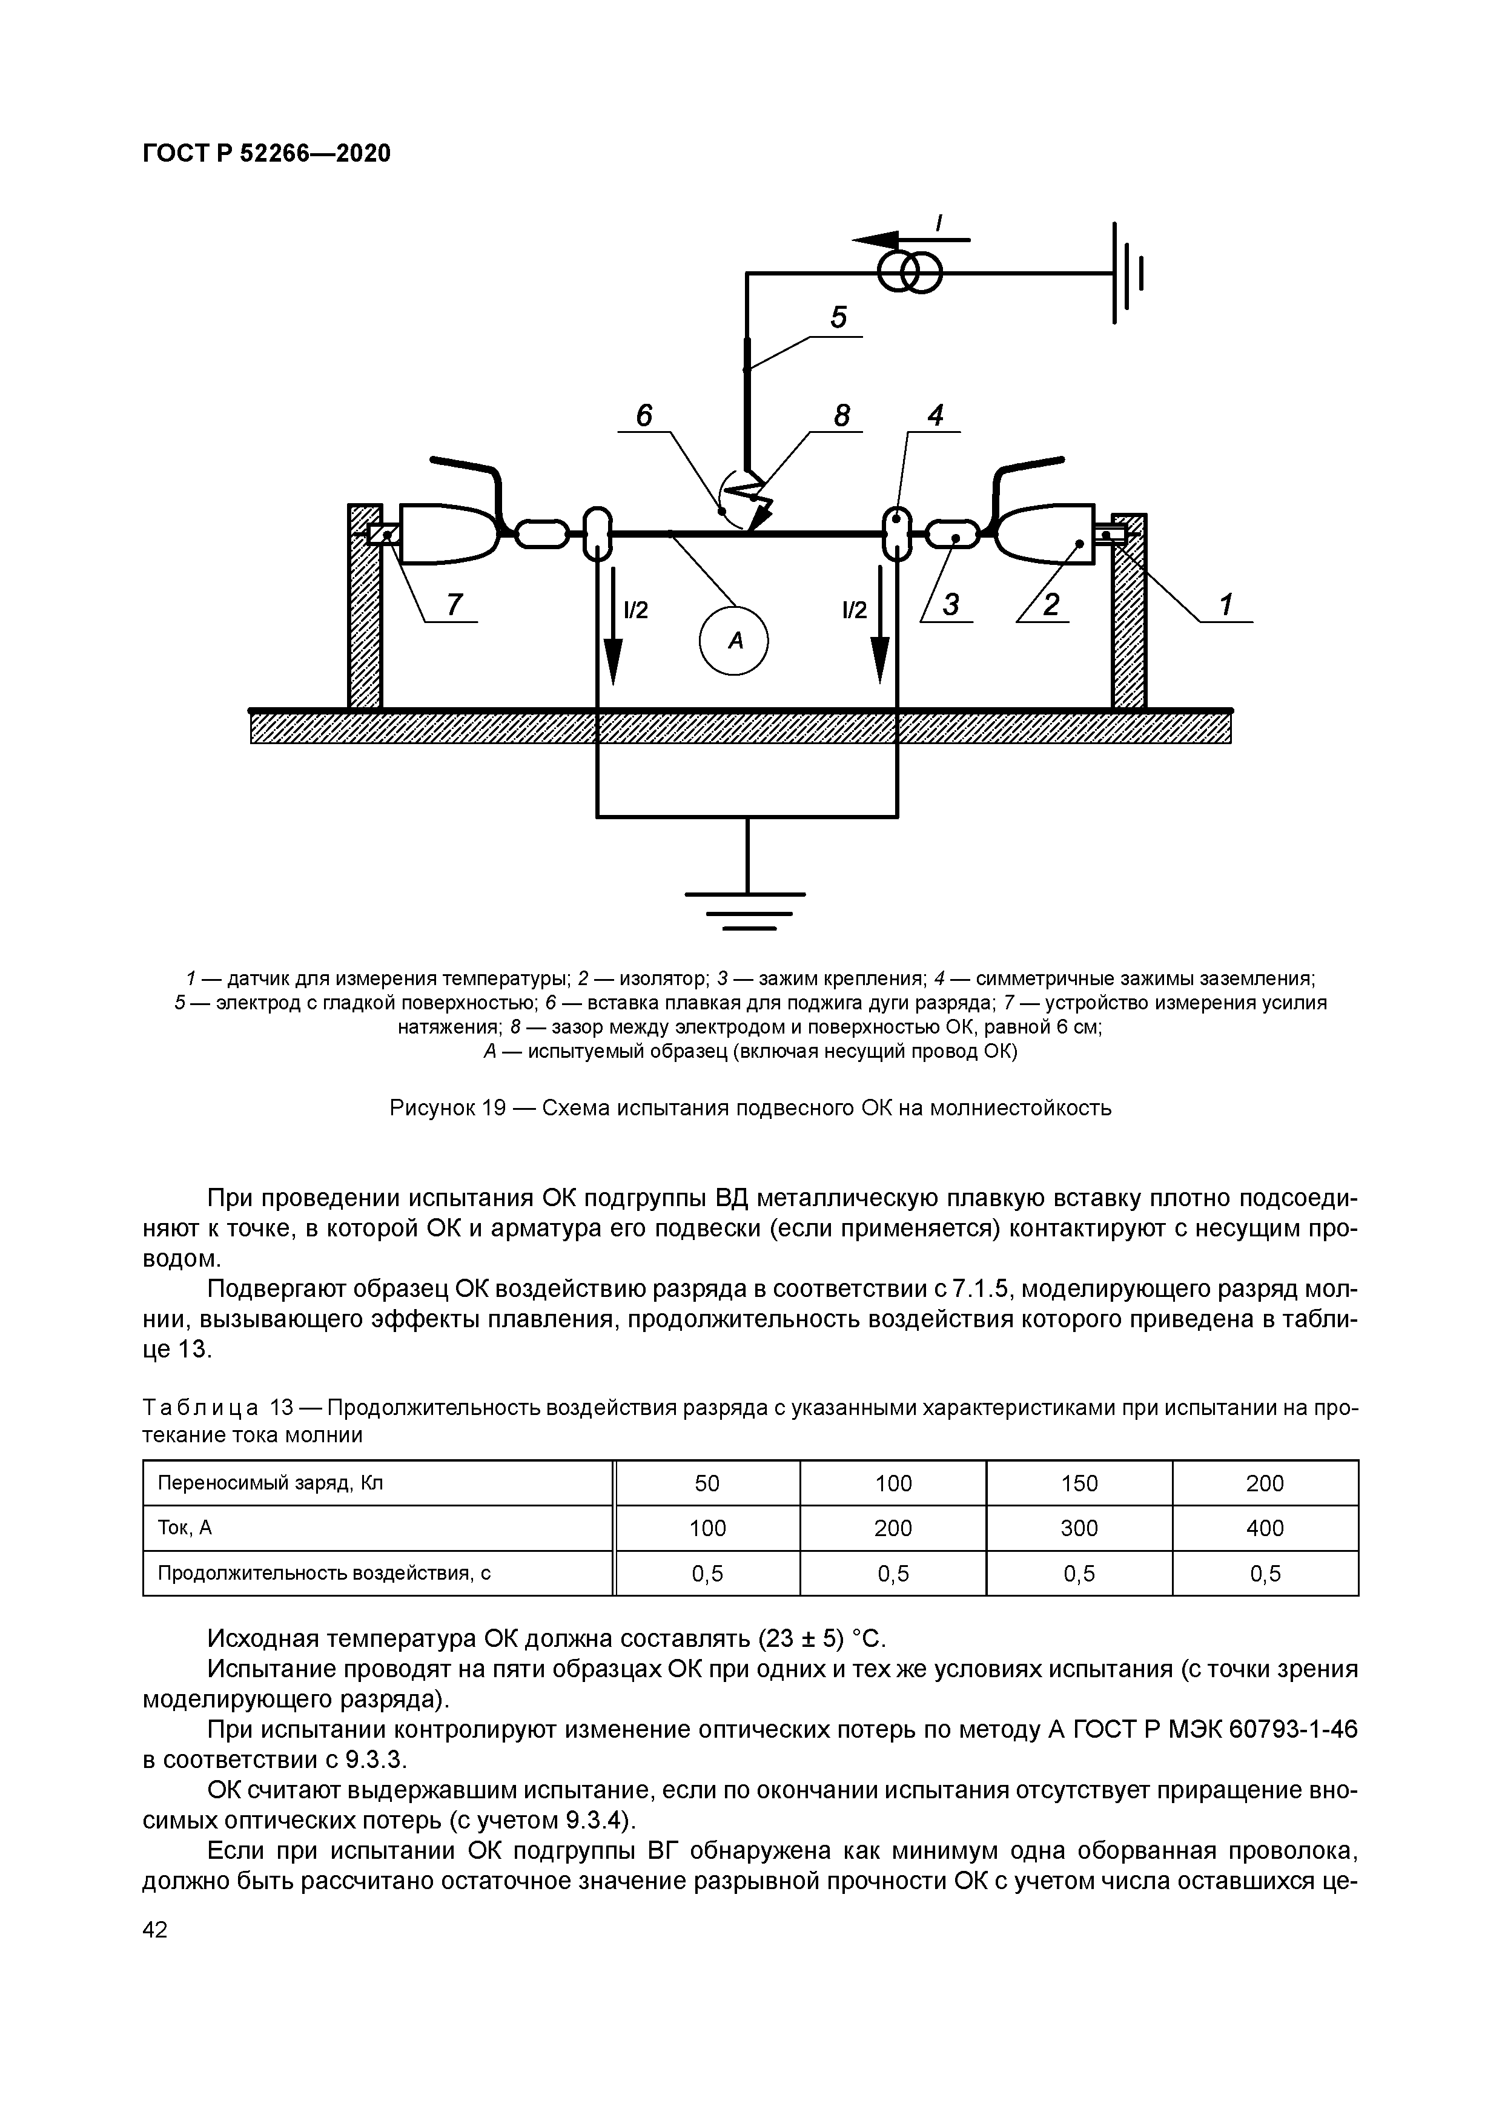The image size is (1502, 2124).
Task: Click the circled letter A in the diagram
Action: pyautogui.click(x=734, y=640)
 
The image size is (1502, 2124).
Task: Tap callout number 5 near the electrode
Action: pyautogui.click(x=838, y=318)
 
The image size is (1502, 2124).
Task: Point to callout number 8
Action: pyautogui.click(x=841, y=417)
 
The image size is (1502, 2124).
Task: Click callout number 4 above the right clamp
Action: pyautogui.click(x=936, y=417)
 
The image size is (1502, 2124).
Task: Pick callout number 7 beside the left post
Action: pyautogui.click(x=454, y=605)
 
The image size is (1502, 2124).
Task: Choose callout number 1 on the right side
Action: pyautogui.click(x=1226, y=605)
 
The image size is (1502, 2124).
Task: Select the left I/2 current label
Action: pyautogui.click(x=636, y=610)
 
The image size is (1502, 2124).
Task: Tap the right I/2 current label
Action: pyautogui.click(x=854, y=610)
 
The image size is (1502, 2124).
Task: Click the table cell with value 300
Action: pyautogui.click(x=1079, y=1528)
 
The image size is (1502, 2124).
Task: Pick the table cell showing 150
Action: pyautogui.click(x=1079, y=1483)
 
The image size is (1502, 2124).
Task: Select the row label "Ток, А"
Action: pyautogui.click(x=185, y=1528)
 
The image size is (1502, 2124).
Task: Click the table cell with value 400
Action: pyautogui.click(x=1265, y=1528)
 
